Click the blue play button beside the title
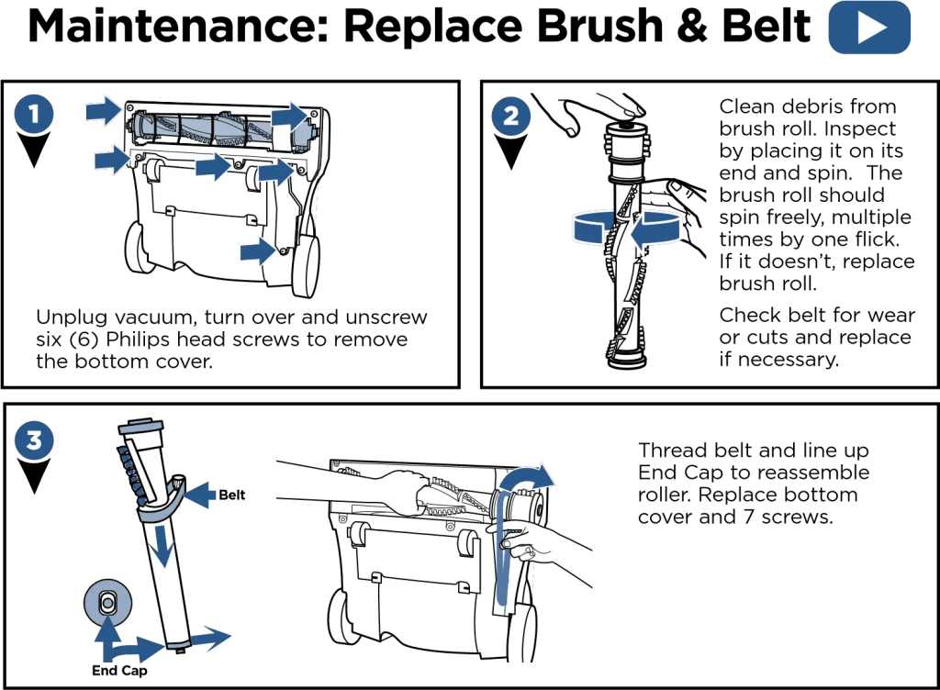click(868, 29)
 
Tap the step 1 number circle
click(34, 114)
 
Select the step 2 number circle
click(509, 117)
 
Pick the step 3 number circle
click(34, 439)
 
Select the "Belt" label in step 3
click(230, 495)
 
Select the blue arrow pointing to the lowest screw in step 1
click(256, 250)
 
